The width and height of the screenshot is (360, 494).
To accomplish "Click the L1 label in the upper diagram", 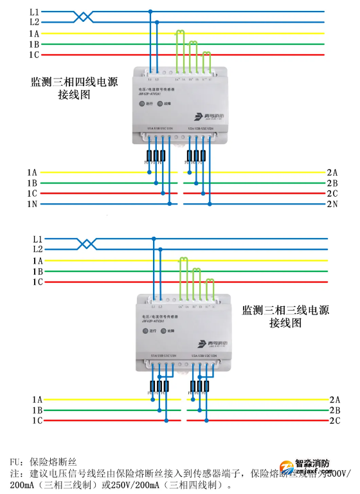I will (x=34, y=12).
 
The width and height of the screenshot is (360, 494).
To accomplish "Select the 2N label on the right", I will (x=332, y=204).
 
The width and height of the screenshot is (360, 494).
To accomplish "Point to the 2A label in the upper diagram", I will (x=332, y=172).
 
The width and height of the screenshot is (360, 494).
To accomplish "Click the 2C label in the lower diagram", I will (x=334, y=421).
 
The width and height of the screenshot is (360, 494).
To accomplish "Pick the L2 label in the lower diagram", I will (x=37, y=249).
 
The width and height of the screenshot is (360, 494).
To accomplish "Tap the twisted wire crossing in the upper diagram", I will (x=84, y=16).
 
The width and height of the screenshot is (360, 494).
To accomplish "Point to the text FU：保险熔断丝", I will (x=43, y=462).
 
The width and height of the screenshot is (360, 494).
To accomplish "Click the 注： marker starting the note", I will (x=17, y=473).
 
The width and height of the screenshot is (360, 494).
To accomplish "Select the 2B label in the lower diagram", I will (x=334, y=410).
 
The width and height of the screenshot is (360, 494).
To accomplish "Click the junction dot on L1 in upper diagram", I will (x=150, y=12).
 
